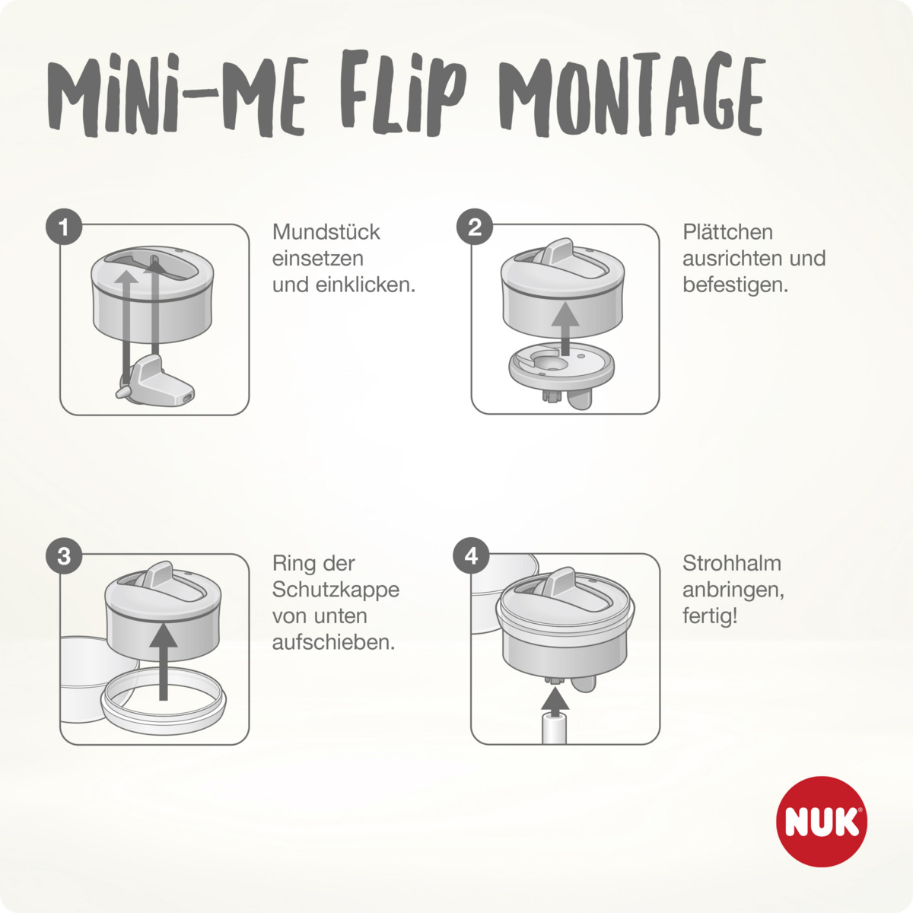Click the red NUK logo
click(x=822, y=822)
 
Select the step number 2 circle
click(x=475, y=227)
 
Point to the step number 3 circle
click(x=64, y=557)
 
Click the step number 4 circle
click(x=472, y=557)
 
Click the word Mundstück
click(x=326, y=232)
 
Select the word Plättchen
click(x=727, y=232)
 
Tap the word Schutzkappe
click(x=336, y=590)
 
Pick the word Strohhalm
click(x=731, y=564)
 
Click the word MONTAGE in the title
click(x=635, y=95)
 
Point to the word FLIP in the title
click(x=403, y=95)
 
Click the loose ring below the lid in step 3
click(x=164, y=704)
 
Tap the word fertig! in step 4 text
click(x=710, y=616)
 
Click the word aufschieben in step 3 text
click(x=333, y=642)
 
